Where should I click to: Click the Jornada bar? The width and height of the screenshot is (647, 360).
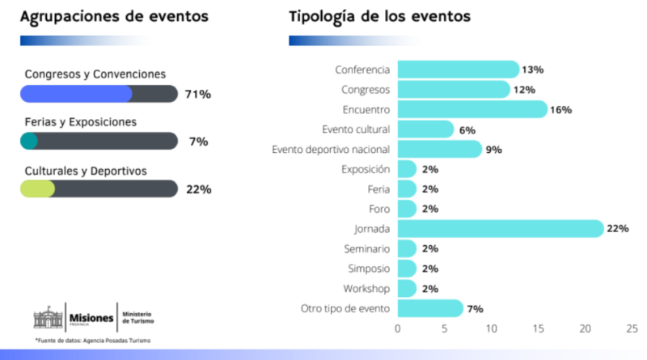pyautogui.click(x=500, y=229)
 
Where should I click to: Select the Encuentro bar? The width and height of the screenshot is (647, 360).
pyautogui.click(x=472, y=109)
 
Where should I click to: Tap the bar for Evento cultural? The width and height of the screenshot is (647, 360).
pyautogui.click(x=425, y=129)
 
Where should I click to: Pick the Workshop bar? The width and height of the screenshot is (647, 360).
pyautogui.click(x=407, y=289)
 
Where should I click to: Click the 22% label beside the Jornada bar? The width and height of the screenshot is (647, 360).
pyautogui.click(x=618, y=229)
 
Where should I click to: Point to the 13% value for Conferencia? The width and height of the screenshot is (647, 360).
pyautogui.click(x=533, y=70)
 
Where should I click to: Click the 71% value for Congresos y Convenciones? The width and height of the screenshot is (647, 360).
pyautogui.click(x=198, y=94)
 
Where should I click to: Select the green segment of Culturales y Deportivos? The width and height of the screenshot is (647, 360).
pyautogui.click(x=37, y=189)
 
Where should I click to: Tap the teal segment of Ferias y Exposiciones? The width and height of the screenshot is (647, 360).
pyautogui.click(x=29, y=142)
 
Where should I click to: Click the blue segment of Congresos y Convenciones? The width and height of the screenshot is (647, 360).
pyautogui.click(x=76, y=94)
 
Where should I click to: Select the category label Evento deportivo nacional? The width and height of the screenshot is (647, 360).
pyautogui.click(x=331, y=149)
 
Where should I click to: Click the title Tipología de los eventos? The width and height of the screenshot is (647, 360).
pyautogui.click(x=380, y=16)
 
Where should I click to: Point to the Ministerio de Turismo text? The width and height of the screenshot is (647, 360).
pyautogui.click(x=137, y=317)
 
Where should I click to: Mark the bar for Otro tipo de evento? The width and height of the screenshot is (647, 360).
pyautogui.click(x=430, y=308)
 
